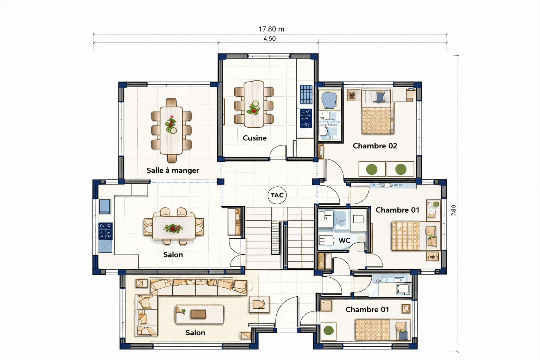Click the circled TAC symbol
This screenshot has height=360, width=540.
click(277, 195)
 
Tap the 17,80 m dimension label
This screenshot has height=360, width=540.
click(271, 29)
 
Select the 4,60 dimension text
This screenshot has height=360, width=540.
click(270, 39)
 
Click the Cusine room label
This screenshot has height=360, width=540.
click(255, 138)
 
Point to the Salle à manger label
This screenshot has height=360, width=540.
click(173, 171)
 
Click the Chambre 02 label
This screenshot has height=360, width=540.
click(375, 146)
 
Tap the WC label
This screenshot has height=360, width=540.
click(344, 240)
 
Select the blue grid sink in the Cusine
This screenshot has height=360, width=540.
click(306, 94)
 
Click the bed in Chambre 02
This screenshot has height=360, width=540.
click(378, 111)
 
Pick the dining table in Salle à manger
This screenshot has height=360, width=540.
click(171, 130)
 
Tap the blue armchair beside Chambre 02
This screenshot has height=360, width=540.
click(329, 99)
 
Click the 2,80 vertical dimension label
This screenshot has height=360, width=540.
click(454, 210)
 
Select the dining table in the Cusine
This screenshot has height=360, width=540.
click(253, 104)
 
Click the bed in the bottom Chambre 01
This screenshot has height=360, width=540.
click(383, 330)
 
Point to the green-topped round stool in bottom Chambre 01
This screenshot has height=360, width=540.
click(328, 330)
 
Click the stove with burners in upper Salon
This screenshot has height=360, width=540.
click(105, 231)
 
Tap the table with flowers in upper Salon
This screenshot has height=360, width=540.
click(174, 228)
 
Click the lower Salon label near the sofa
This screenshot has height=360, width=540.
click(195, 333)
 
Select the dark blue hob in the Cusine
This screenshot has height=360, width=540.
click(306, 118)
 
